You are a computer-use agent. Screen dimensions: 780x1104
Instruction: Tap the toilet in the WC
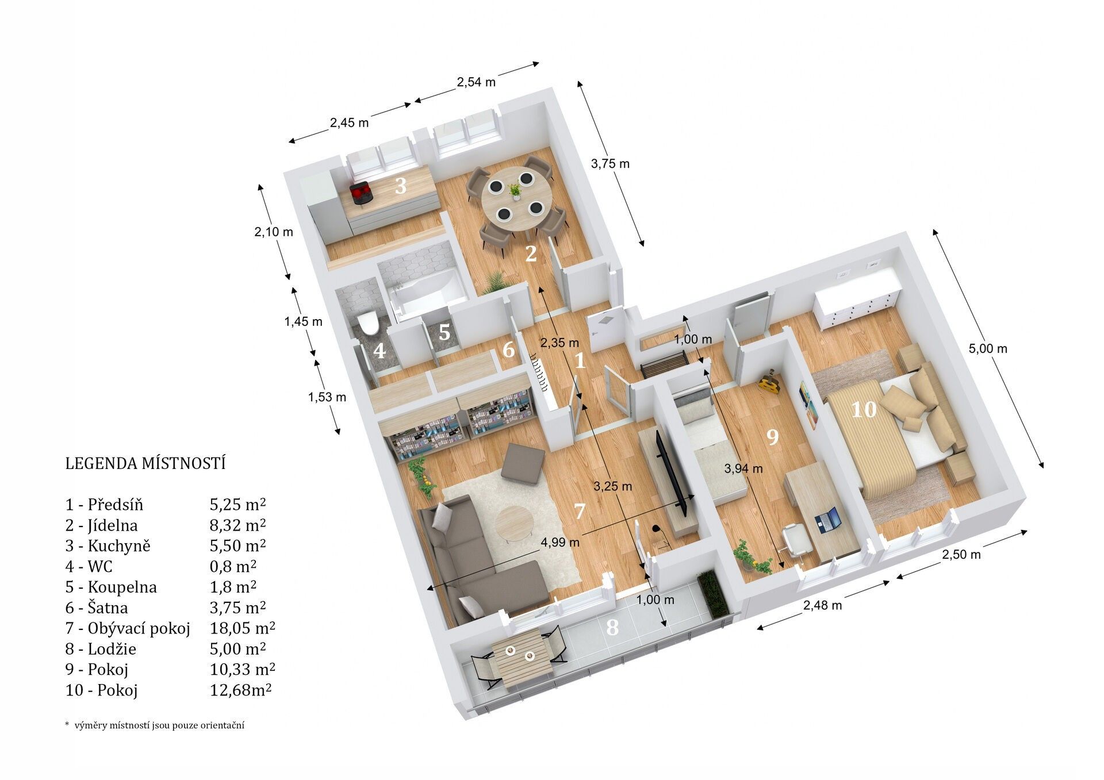pos(367,323)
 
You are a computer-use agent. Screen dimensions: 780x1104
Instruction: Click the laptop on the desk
pos(828,518)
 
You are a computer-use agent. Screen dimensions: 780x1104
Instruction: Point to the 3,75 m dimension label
pos(610,164)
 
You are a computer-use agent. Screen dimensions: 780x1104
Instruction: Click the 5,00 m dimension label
pos(988,348)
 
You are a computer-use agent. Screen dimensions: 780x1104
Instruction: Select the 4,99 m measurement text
pos(561,541)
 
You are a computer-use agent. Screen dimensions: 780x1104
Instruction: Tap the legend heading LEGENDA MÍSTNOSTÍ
pos(145,463)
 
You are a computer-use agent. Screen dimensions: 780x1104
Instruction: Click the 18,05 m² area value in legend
pos(242,628)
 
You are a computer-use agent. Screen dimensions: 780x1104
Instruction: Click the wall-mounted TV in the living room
pos(671,473)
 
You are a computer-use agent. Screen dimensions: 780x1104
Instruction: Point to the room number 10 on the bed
pos(863,410)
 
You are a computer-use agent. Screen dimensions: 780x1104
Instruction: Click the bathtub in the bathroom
pos(428,293)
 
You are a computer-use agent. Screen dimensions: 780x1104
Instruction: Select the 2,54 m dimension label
pos(476,82)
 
